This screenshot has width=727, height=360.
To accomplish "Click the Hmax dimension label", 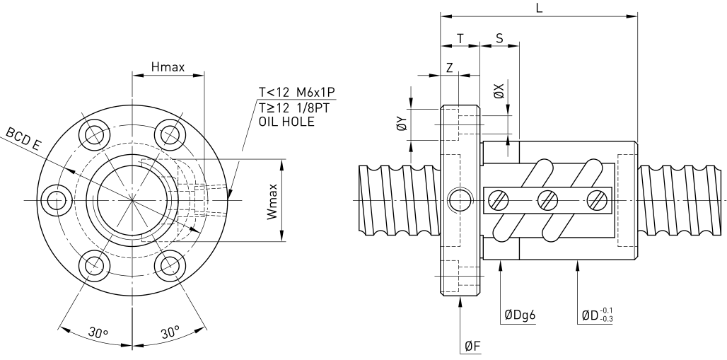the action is [x=168, y=67].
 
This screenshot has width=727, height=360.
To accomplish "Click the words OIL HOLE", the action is [x=286, y=122].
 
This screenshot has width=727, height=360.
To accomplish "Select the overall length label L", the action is [x=539, y=8].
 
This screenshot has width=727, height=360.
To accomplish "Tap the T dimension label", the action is [x=460, y=39].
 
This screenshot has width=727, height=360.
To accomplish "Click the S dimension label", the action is [x=500, y=38].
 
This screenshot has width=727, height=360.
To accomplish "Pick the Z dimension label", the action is [x=449, y=68].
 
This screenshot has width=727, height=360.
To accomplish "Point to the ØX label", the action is [x=499, y=91].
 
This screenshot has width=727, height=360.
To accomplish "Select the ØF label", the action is [x=472, y=346].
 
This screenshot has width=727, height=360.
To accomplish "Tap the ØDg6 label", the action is [x=520, y=315].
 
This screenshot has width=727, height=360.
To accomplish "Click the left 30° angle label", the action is [x=98, y=332].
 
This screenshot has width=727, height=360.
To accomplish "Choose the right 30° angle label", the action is [x=170, y=332].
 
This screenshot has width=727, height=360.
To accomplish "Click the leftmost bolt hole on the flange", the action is [x=57, y=200].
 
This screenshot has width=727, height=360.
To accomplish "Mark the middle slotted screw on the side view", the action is [x=547, y=200].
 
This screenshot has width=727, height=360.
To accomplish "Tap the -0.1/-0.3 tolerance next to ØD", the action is [x=605, y=315].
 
